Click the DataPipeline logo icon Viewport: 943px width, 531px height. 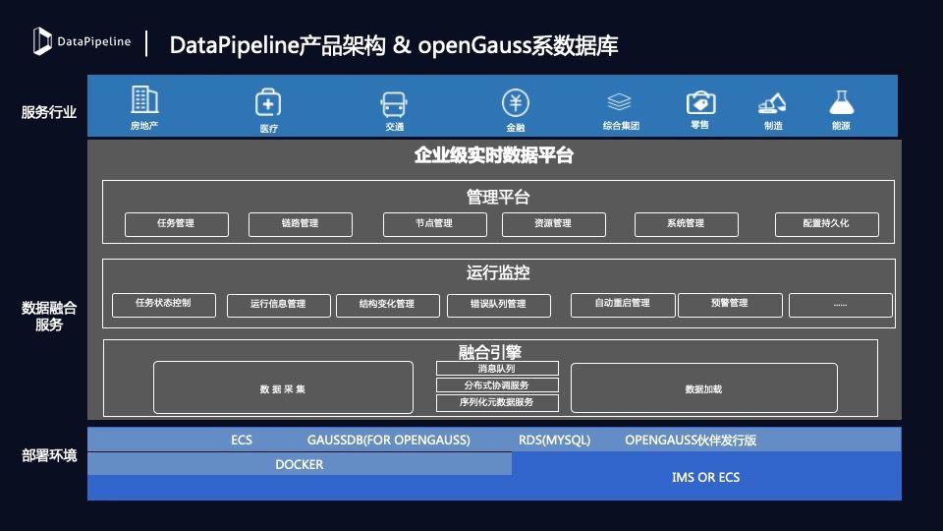coord(42,41)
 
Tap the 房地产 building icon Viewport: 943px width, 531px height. coord(144,99)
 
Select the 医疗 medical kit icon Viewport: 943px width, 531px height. coord(268,102)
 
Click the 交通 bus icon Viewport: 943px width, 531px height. coord(394,104)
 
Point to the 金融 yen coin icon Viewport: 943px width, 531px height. coord(516,103)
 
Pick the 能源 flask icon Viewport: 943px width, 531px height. coord(842,102)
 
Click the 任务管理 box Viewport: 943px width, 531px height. coord(177,224)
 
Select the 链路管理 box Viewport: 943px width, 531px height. coord(301,224)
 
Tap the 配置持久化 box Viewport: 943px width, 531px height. coord(827,224)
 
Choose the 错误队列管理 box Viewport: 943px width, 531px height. coord(499,305)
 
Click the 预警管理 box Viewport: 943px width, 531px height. coord(730,305)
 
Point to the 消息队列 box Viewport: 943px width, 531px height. coord(497,369)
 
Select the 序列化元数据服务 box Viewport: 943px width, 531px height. coord(497,403)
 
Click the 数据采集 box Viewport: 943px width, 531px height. coord(283,387)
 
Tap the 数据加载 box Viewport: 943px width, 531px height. coord(703,387)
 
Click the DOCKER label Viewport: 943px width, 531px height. coord(300,465)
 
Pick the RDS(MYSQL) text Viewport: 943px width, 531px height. coord(554,441)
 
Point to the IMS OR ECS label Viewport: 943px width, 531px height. coord(706,478)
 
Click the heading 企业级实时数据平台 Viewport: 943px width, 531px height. coord(494,155)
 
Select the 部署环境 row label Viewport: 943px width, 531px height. coord(49,455)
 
